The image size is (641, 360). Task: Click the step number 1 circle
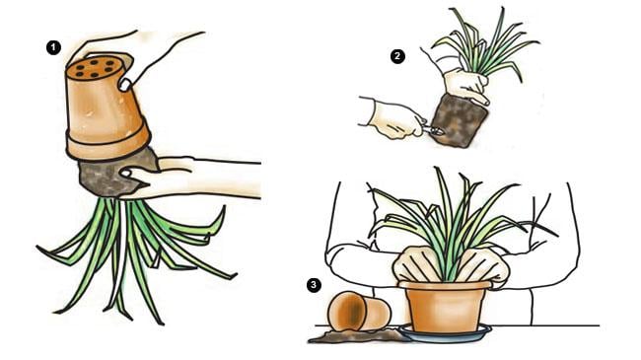pos(53,48)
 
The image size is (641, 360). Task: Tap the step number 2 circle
pos(397,56)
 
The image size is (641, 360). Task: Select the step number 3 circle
pos(314,285)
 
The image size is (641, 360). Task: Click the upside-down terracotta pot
pos(107,108)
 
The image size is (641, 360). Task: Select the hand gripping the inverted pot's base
pos(135,57)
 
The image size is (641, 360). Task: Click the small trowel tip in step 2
pos(434,131)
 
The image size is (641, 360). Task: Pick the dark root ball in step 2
pos(460,120)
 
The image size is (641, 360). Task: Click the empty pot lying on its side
pos(359,312)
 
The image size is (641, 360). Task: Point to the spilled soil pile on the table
pos(356,336)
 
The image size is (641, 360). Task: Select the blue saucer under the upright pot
pos(445,333)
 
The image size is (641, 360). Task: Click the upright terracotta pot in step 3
pos(445,306)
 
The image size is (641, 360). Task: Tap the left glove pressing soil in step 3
pos(418,264)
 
